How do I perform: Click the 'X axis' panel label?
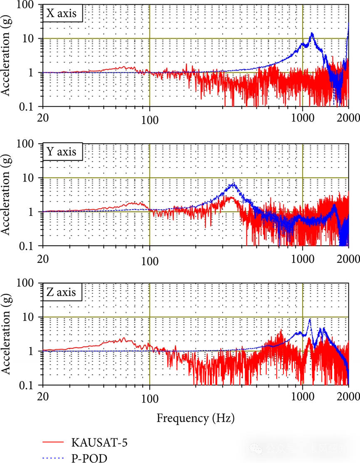click(62, 13)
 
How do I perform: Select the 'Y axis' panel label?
click(62, 152)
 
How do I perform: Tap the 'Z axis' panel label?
click(62, 292)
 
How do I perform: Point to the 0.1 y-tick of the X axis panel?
click(29, 107)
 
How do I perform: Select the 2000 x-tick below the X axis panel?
click(349, 118)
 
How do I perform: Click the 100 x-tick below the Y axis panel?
click(150, 261)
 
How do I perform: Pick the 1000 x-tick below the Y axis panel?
click(303, 259)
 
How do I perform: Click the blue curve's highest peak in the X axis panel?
click(312, 33)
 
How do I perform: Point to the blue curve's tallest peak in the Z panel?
click(310, 319)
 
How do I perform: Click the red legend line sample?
click(53, 441)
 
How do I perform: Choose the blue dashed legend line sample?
click(53, 458)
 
